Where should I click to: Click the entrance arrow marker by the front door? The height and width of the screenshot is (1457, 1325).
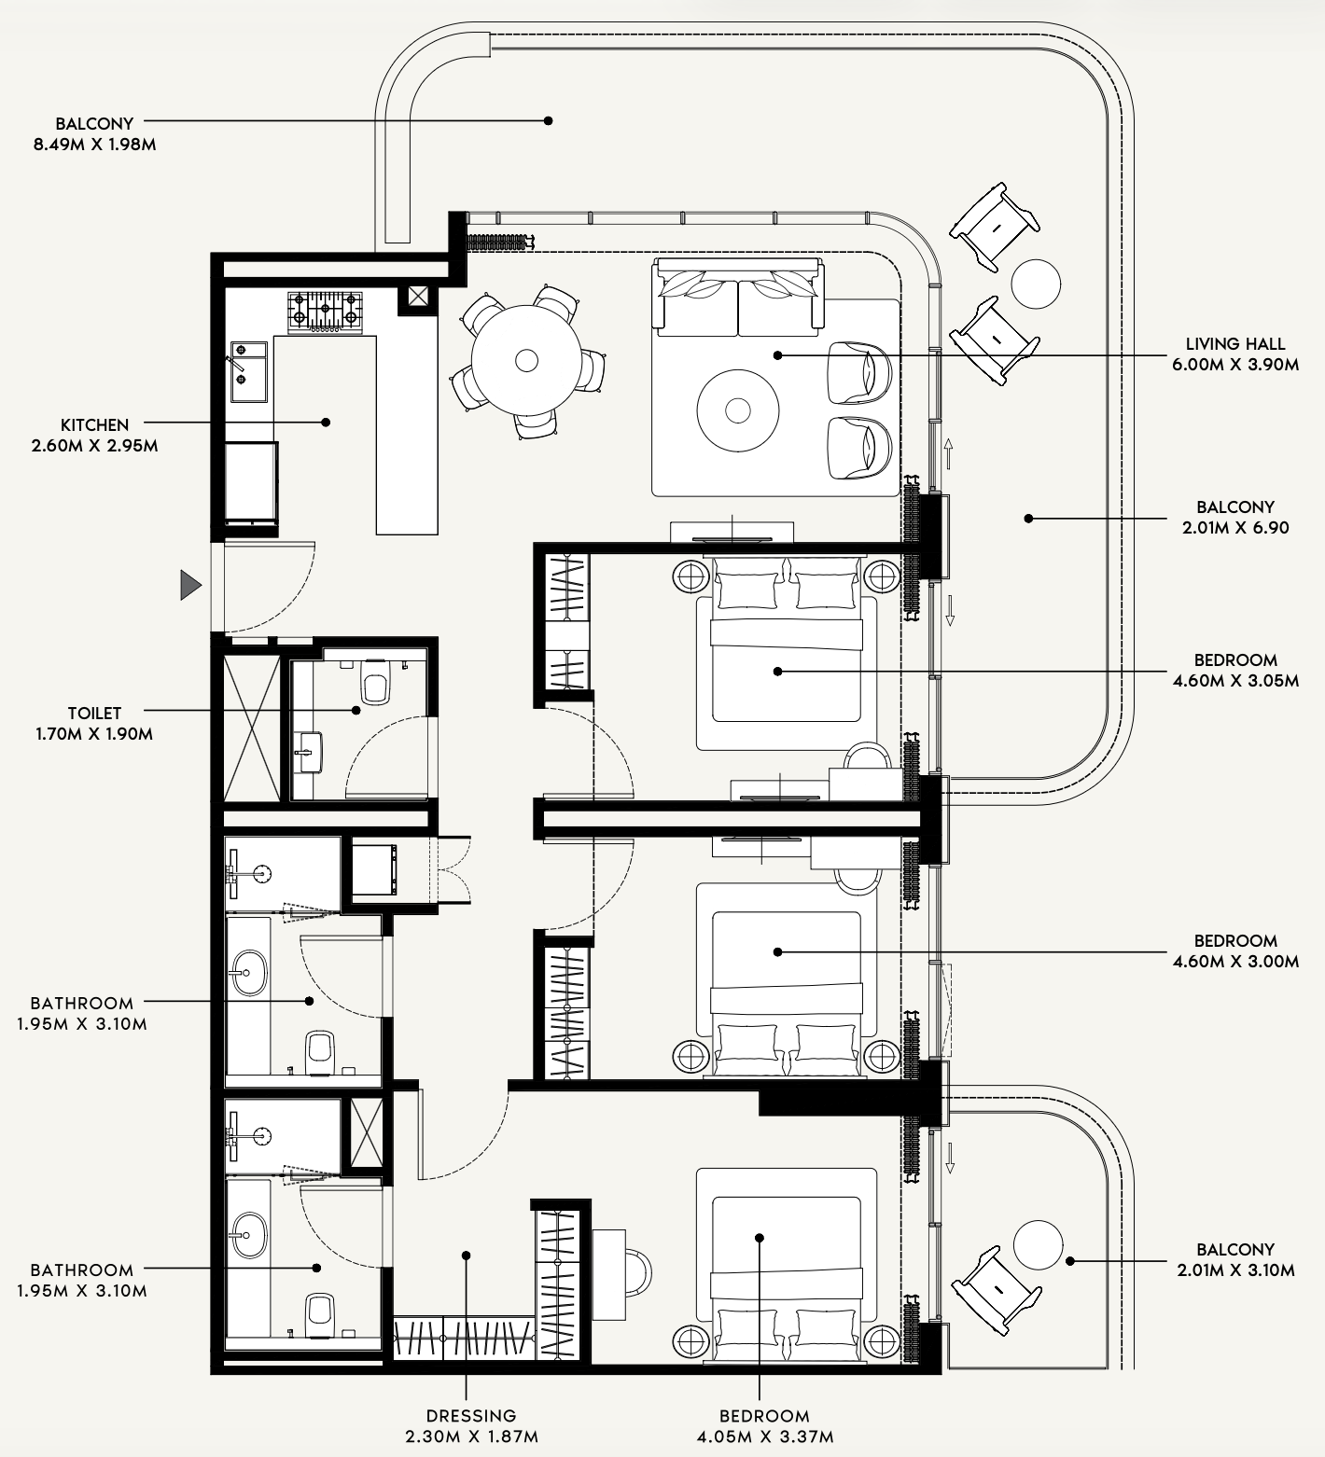(x=190, y=585)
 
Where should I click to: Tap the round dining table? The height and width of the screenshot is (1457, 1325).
(x=526, y=360)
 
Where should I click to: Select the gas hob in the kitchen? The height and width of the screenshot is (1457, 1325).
(x=325, y=312)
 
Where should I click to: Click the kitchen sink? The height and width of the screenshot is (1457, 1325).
(x=249, y=370)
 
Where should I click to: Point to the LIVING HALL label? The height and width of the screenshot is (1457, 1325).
(x=1235, y=344)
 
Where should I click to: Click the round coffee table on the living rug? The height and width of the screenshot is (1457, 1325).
(x=738, y=409)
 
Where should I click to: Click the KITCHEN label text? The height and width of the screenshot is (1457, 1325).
(x=95, y=425)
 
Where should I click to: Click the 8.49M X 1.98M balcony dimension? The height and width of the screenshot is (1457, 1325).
(x=93, y=145)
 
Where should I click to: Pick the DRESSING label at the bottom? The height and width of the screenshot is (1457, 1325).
(x=471, y=1416)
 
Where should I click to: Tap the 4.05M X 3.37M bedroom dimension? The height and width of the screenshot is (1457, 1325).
(x=764, y=1436)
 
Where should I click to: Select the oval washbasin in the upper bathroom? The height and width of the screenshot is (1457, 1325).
(x=249, y=972)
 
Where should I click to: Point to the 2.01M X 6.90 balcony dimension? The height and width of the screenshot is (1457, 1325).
(x=1235, y=527)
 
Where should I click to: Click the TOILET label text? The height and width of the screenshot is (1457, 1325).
(x=94, y=714)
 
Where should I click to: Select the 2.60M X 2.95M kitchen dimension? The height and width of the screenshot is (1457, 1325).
(x=94, y=446)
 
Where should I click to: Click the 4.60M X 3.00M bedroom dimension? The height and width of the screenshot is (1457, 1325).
(x=1235, y=962)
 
